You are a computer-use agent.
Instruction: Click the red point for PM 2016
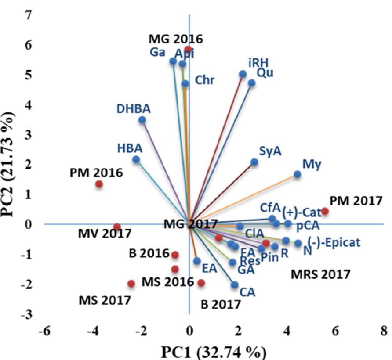coord(99,184)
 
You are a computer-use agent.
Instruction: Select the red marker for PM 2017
coord(325,211)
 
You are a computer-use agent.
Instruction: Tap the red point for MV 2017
coord(117,227)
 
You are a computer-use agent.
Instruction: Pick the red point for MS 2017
coord(131,284)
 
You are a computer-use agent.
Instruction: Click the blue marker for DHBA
coord(142,120)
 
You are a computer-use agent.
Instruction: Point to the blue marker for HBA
coord(136,159)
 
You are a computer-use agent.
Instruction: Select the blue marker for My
coord(298,174)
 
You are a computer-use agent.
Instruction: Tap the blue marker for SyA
coord(254,162)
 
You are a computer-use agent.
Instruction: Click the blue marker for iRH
coord(243,74)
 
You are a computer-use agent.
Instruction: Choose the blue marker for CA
coord(235,284)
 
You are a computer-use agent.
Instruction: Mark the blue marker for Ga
coord(173,61)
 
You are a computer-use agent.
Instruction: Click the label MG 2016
coord(175,39)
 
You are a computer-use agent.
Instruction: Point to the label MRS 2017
coord(321,275)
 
